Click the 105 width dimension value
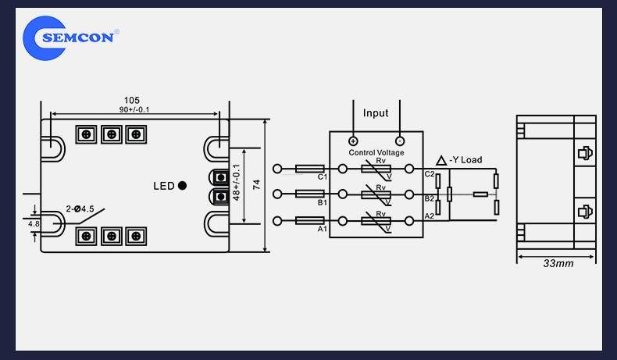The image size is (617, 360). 131,100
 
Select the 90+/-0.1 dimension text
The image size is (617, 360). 134,109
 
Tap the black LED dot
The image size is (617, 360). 182,186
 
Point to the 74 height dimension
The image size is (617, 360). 255,185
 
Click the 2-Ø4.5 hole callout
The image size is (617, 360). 80,209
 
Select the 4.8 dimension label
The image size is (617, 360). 34,224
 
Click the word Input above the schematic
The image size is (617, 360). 376,113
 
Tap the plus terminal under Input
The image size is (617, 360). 353,141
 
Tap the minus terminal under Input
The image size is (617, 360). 400,141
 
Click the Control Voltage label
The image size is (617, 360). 376,153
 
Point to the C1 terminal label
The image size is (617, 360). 322,176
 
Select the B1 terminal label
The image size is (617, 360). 322,201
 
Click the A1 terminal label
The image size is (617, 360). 322,230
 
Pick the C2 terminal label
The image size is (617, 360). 429,174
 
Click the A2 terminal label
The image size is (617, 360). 429,216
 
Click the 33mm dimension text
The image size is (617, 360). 558,263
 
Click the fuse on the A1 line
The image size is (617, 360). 310,222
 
